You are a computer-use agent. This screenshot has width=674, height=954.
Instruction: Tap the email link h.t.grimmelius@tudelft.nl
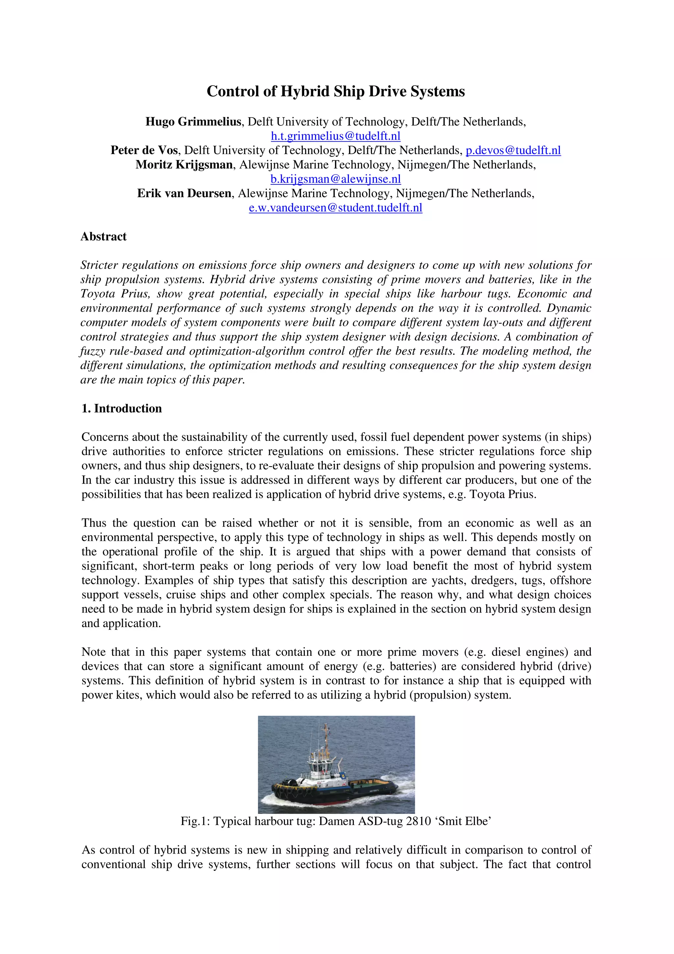coord(336,136)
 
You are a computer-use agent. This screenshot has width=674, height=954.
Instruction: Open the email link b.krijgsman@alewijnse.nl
coord(336,179)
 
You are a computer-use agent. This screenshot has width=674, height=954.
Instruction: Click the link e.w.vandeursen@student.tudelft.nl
coord(336,208)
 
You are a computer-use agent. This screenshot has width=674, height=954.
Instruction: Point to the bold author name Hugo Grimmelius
coord(193,122)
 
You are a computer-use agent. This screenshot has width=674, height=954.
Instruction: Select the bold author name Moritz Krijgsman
coord(184,165)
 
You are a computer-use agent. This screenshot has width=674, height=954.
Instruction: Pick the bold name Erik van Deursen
coord(184,194)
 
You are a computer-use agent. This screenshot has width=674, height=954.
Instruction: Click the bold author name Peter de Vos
coord(144,150)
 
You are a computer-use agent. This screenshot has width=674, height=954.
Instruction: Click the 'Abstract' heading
coord(103,236)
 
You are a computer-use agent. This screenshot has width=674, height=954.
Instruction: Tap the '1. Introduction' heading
coord(122,409)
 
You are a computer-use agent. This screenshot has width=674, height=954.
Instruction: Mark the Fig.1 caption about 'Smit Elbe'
coord(336,821)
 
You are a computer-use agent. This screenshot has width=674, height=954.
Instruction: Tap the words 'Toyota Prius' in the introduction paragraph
coord(503,494)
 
